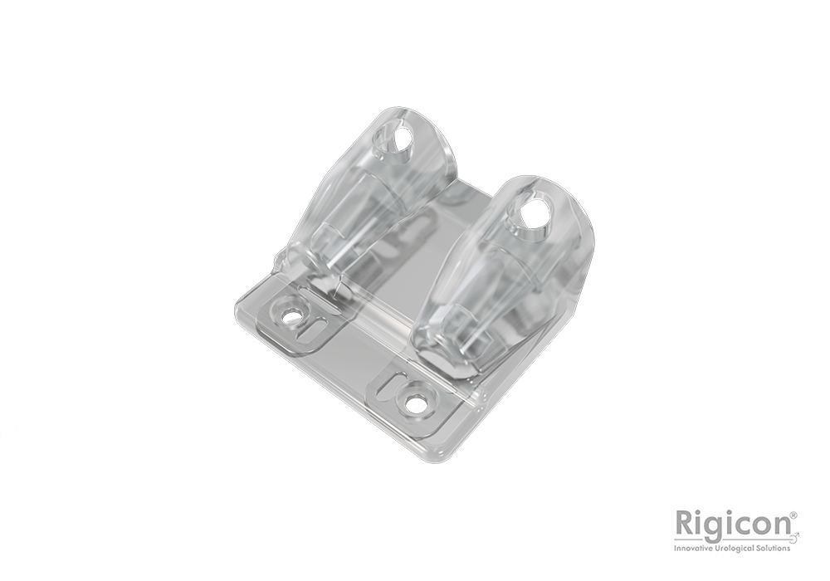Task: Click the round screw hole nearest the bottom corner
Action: point(414,404)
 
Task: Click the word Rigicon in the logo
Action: point(734,524)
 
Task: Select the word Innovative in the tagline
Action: point(696,547)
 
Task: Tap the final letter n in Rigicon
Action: point(781,525)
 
